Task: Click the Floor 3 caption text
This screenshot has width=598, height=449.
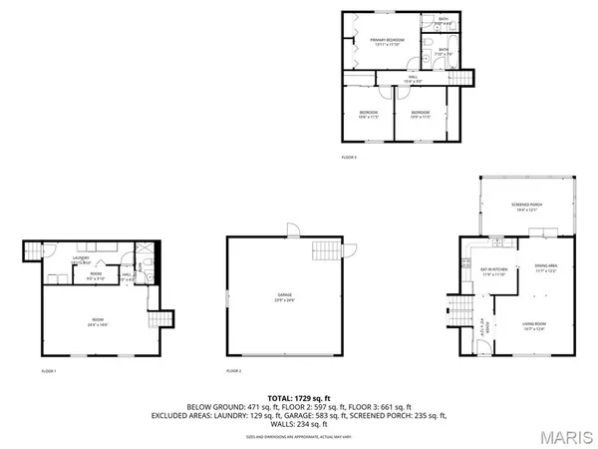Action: point(348,158)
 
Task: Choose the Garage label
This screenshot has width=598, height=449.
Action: point(287,296)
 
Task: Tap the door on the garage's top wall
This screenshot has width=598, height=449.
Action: point(290,232)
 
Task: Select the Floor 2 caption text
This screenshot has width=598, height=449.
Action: point(234,370)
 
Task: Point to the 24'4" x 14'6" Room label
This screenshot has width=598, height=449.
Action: point(96,321)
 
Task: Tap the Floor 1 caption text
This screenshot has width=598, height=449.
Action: point(49,370)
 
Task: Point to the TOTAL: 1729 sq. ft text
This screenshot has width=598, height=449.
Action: point(299,398)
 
